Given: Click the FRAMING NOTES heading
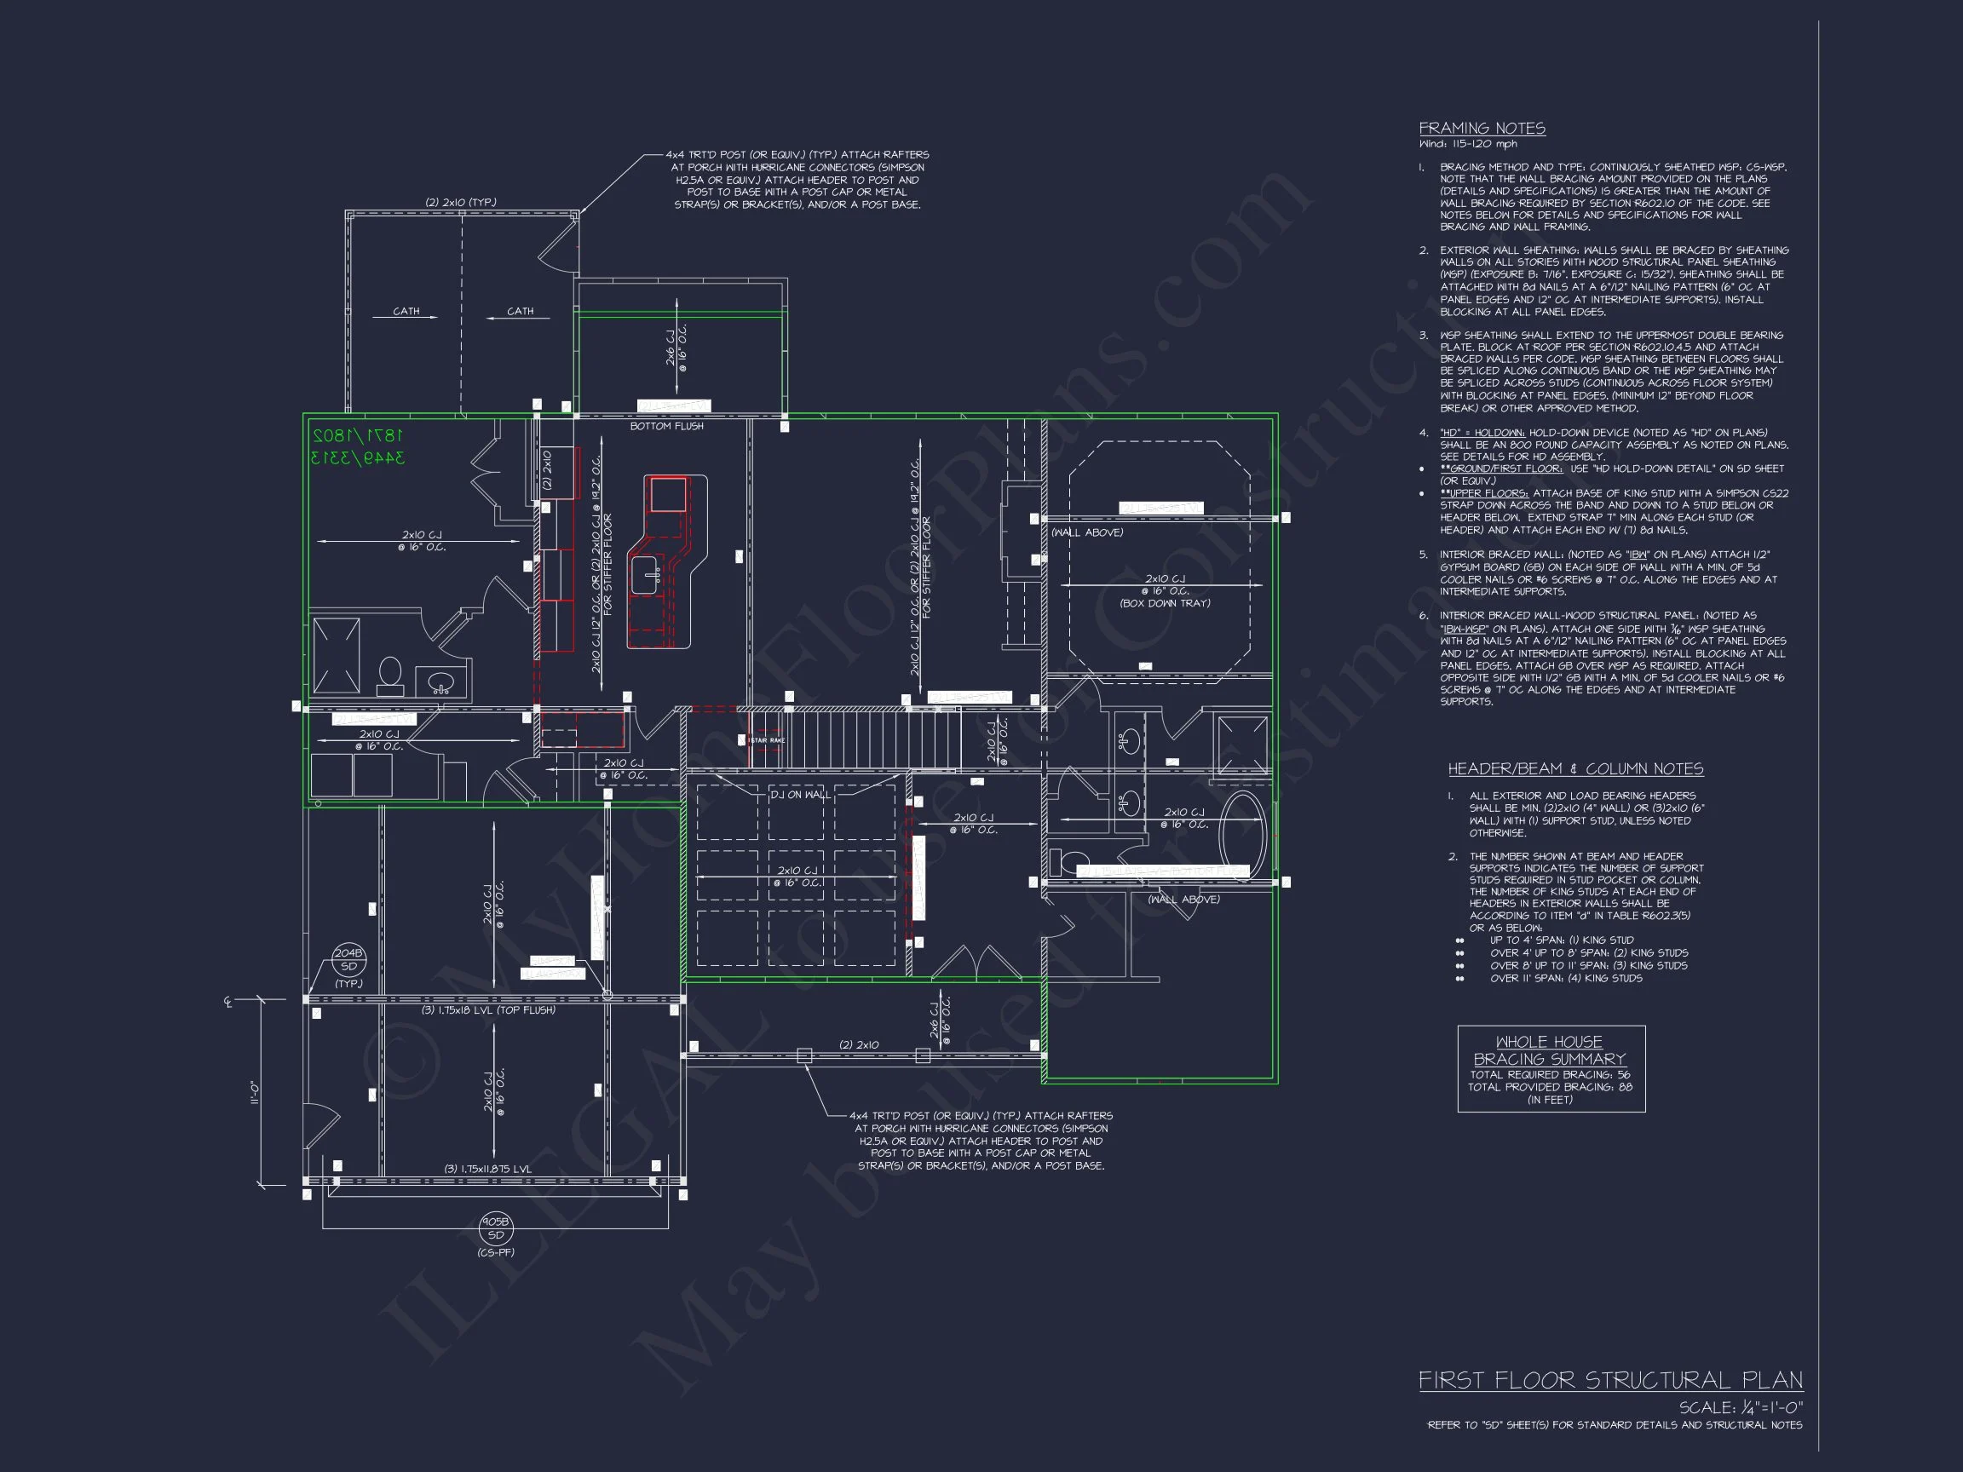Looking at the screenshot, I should tap(1481, 129).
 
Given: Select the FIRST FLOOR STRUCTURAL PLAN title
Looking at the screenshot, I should tap(1609, 1381).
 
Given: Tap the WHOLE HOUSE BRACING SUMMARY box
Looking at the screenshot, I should tap(1551, 1068).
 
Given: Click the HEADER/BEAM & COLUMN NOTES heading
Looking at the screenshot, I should tap(1575, 768).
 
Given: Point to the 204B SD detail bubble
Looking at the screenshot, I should tap(348, 960).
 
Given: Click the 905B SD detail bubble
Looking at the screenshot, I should tap(495, 1228).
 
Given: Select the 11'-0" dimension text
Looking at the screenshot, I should tap(255, 1092).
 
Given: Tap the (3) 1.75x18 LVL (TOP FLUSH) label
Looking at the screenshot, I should tap(488, 1009).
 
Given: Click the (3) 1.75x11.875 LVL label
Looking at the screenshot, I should tap(488, 1169).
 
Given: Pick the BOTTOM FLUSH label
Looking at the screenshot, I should tap(666, 426).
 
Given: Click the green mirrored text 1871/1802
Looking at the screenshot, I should tap(358, 435).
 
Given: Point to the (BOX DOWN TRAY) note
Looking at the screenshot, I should tap(1165, 603).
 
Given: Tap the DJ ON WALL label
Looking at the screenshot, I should tap(799, 794).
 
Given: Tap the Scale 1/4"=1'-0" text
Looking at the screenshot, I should tap(1741, 1408).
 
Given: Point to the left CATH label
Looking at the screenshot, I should tap(406, 312).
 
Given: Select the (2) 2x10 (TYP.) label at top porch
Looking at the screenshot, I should tap(460, 202).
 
